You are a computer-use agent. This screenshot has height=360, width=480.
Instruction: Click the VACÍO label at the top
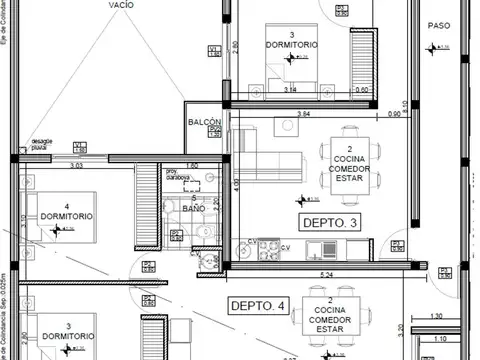point(125,5)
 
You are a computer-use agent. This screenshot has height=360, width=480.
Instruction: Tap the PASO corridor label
point(439,25)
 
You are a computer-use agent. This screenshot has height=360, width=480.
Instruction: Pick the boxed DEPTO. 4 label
point(258,305)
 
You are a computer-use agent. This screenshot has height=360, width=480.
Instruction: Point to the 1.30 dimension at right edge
point(437,317)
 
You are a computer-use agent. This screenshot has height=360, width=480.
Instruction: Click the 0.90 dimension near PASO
point(396,113)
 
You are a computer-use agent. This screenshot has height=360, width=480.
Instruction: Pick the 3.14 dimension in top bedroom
point(291,90)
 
